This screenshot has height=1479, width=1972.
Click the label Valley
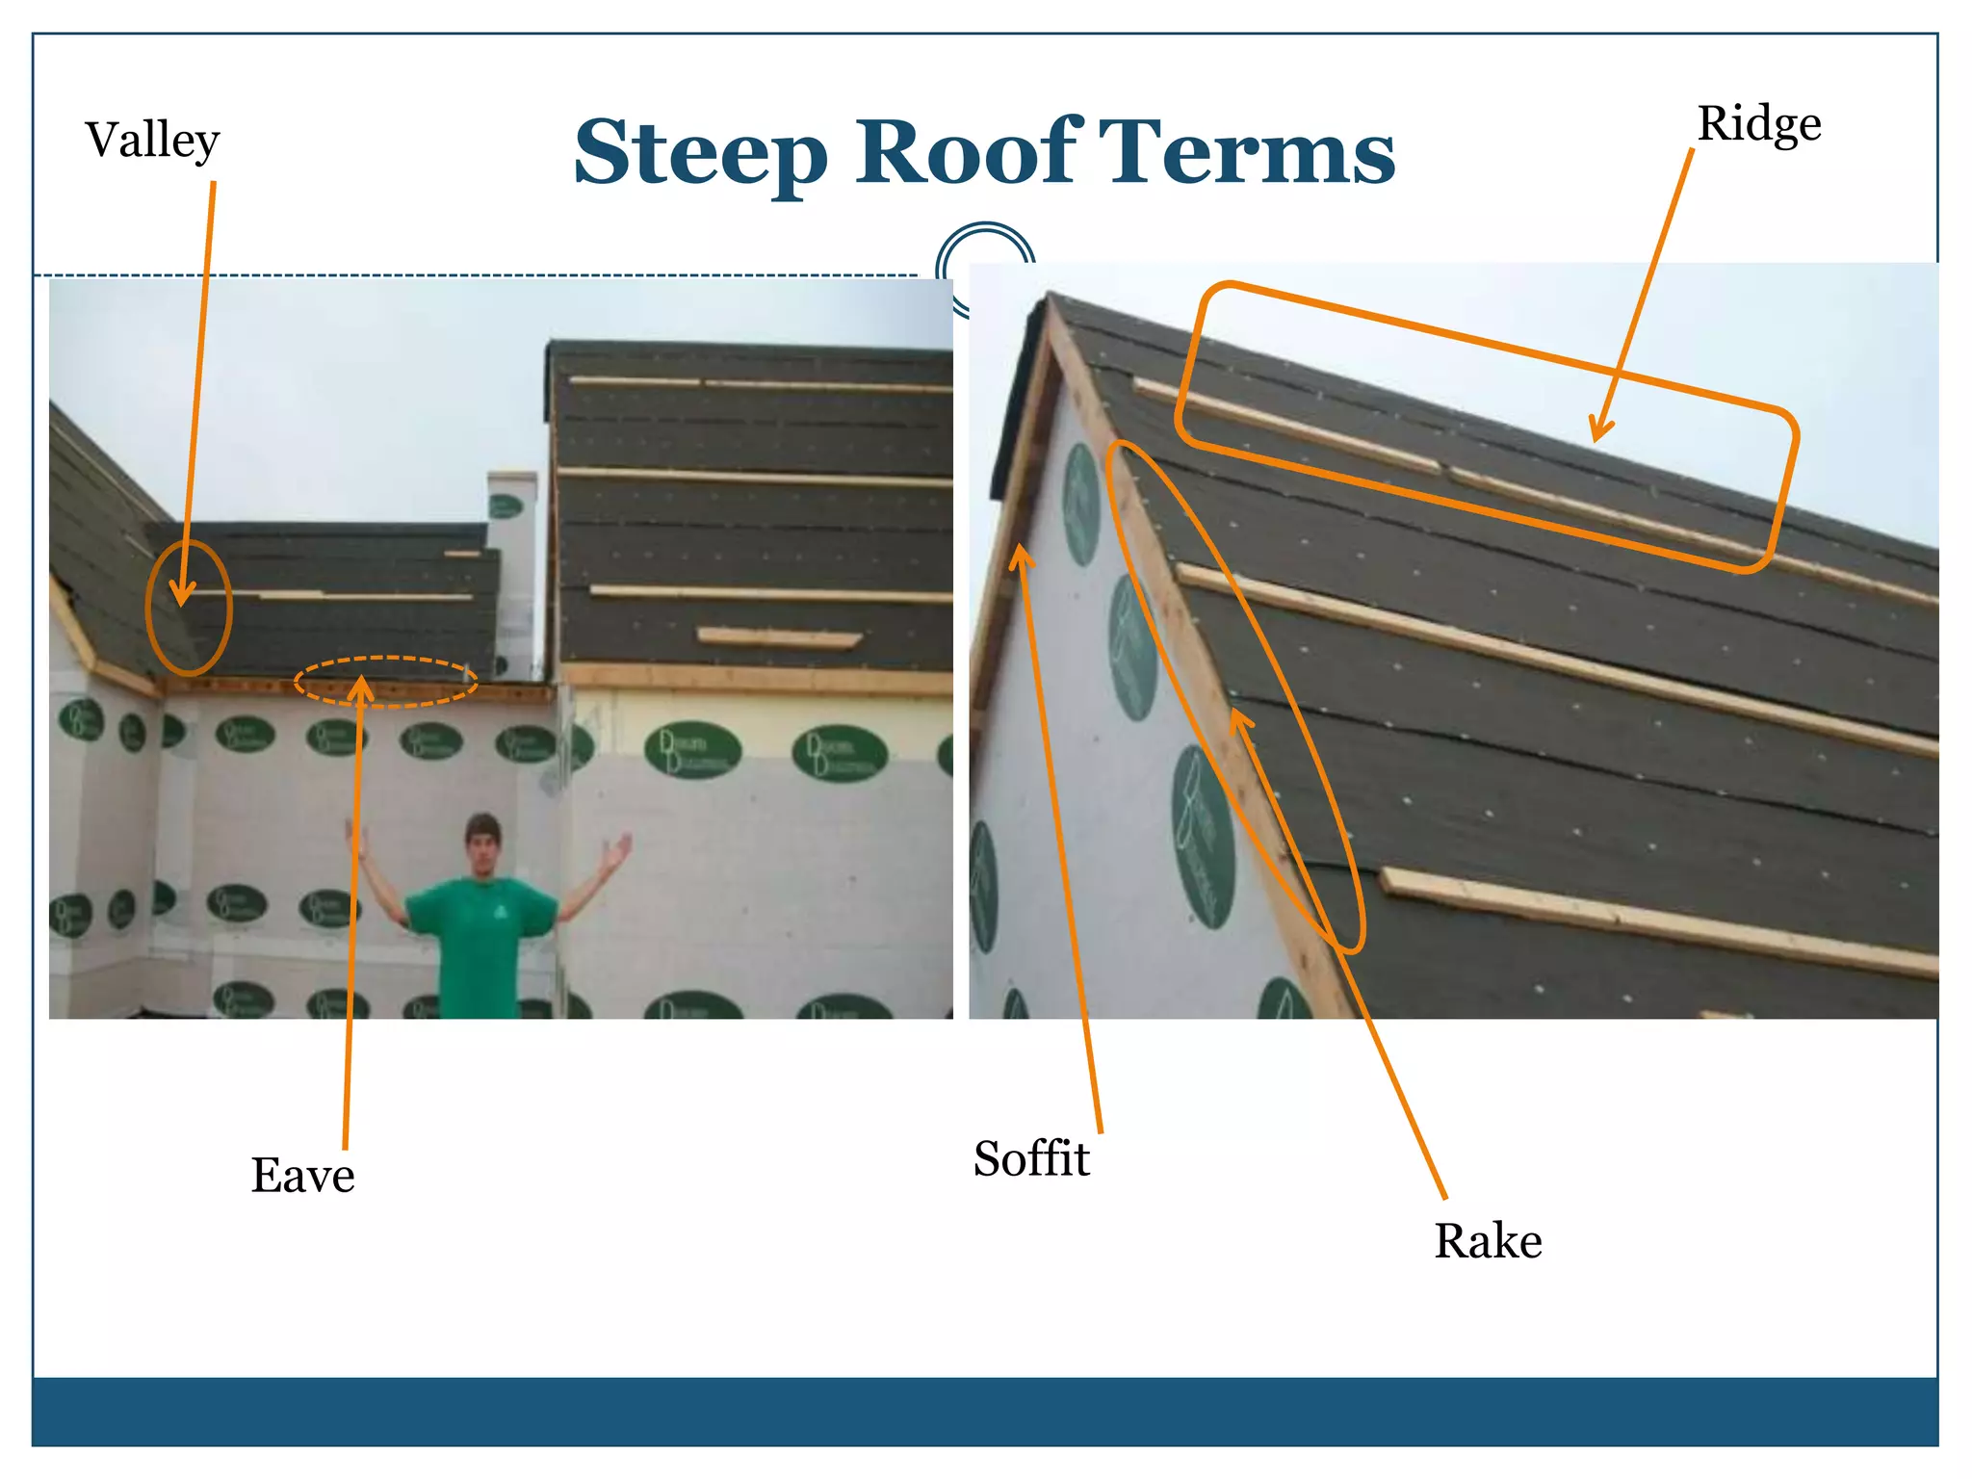(152, 141)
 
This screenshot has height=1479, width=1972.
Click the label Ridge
(1758, 124)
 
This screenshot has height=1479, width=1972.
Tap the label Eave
(302, 1176)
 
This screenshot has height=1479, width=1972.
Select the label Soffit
(1030, 1158)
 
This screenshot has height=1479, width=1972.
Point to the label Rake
(1488, 1241)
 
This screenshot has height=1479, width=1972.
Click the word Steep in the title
(700, 153)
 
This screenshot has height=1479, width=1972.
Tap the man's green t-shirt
(480, 939)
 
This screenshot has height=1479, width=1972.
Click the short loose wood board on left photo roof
(778, 637)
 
